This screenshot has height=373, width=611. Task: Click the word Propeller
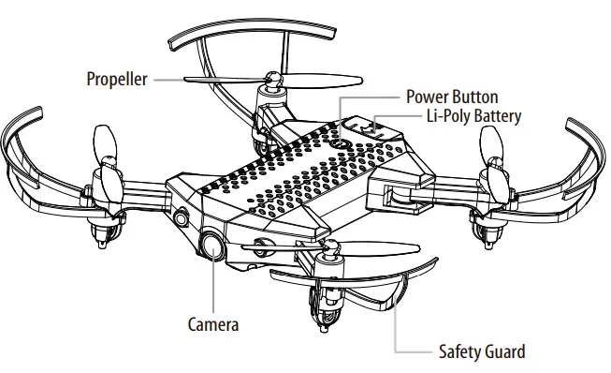click(x=117, y=80)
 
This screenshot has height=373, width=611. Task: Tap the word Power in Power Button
click(x=428, y=97)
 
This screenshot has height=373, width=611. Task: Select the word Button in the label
click(x=475, y=97)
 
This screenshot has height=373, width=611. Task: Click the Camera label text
click(x=213, y=324)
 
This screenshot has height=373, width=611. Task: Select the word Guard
click(x=504, y=351)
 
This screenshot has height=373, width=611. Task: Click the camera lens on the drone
click(x=212, y=247)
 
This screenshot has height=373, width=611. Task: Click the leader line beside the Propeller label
click(x=187, y=80)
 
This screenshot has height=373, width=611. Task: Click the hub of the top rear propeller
click(x=273, y=80)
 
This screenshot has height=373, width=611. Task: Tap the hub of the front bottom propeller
click(x=330, y=247)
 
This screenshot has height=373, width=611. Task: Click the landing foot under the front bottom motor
click(x=324, y=329)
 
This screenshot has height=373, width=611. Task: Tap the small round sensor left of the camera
click(x=182, y=218)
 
